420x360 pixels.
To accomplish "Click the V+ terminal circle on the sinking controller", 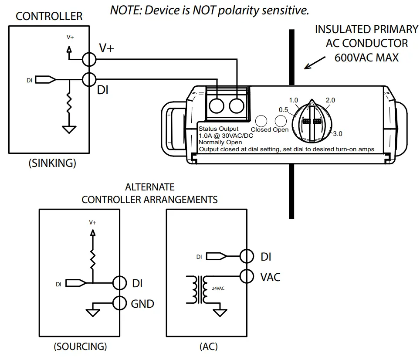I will tap(89, 59).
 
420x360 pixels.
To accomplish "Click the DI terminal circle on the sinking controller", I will tap(89, 80).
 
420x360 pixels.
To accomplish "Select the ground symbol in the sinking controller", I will tap(69, 129).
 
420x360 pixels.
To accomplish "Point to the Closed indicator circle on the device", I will tap(261, 121).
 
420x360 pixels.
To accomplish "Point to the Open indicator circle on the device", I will tap(281, 121).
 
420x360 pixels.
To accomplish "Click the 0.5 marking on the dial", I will tap(284, 109).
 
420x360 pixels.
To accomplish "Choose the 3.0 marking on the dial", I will tap(337, 133).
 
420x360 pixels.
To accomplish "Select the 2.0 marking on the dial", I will tap(330, 100).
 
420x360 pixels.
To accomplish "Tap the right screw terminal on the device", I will tap(236, 105).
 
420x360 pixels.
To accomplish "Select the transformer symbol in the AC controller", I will tap(197, 289).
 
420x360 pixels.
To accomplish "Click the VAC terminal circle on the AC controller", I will tap(247, 276).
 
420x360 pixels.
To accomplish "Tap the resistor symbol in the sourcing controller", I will tap(92, 260).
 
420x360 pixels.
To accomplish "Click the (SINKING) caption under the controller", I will tap(52, 163).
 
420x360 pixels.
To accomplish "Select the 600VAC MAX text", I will tap(366, 57).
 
